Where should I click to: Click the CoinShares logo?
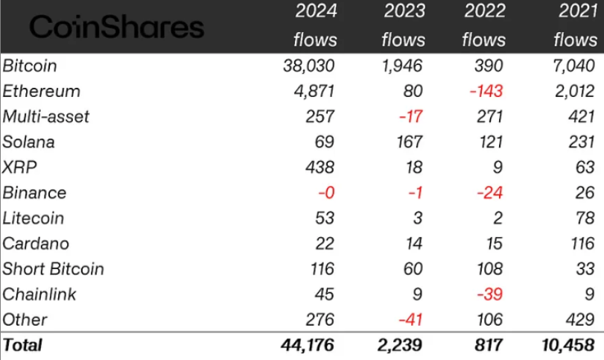point(115,28)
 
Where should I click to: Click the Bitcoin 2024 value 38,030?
point(309,66)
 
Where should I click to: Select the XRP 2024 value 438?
point(321,167)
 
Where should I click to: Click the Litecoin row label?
point(34,218)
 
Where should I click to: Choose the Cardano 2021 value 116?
point(581,243)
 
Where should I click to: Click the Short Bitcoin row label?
point(54,268)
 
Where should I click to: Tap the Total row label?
point(23,345)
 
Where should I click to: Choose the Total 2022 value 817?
point(491,345)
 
